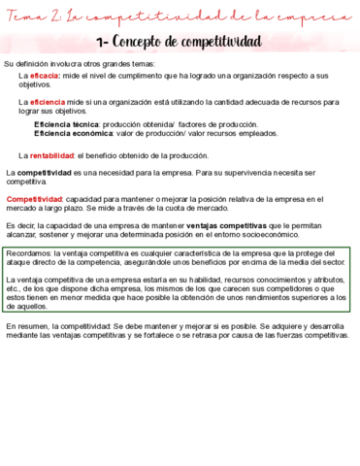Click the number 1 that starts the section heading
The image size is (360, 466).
102,41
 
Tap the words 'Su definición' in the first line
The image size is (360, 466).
28,63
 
